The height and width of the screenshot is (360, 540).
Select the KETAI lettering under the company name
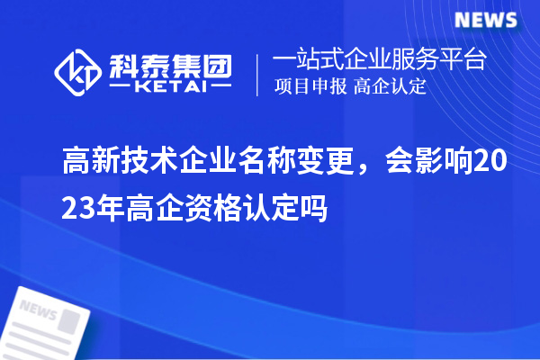(x=170, y=87)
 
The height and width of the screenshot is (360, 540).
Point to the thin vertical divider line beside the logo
(x=259, y=73)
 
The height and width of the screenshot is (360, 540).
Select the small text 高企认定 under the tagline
(x=391, y=87)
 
